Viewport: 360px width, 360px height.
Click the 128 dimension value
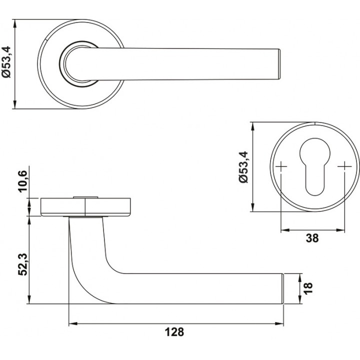[174, 332]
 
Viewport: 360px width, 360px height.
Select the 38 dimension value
[312, 238]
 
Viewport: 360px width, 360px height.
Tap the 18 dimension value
[308, 288]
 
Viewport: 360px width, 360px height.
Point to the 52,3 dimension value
[23, 264]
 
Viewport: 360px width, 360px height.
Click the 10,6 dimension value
[23, 181]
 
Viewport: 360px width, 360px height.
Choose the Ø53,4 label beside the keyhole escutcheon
[243, 167]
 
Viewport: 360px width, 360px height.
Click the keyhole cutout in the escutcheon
[315, 167]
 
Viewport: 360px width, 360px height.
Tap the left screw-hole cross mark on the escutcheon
[281, 166]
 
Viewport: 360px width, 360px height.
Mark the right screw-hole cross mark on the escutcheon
[344, 166]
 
